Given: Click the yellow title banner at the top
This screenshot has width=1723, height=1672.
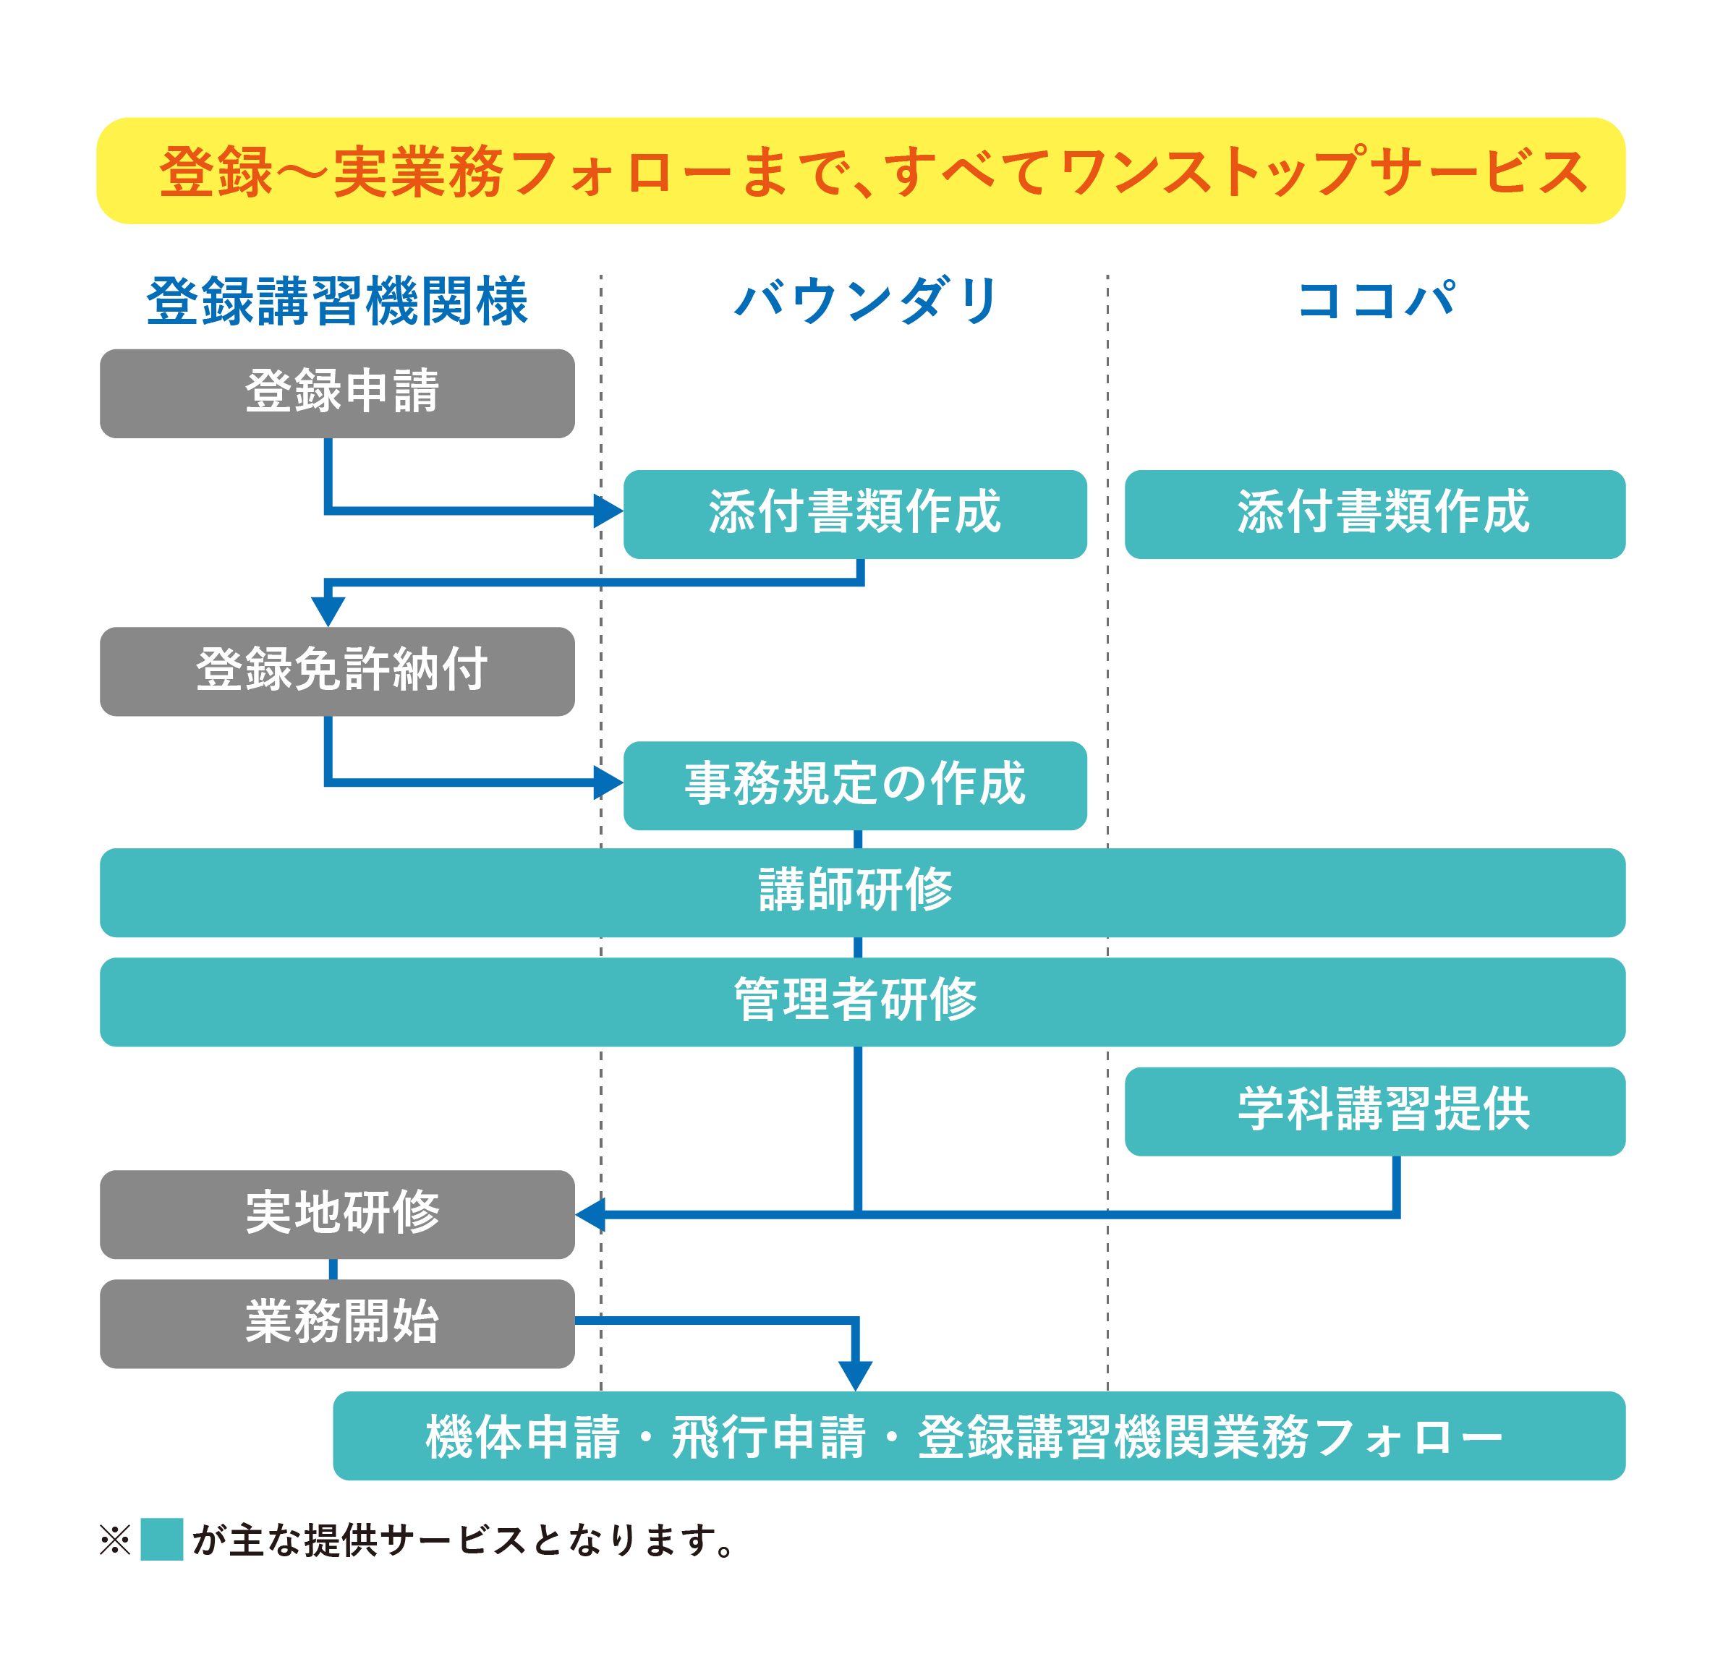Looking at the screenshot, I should pyautogui.click(x=860, y=171).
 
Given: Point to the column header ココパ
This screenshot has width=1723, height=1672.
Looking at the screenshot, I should pyautogui.click(x=1376, y=301).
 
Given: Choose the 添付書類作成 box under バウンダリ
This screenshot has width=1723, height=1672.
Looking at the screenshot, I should pyautogui.click(x=854, y=514).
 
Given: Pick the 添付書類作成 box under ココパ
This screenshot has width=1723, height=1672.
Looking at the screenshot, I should pyautogui.click(x=1375, y=514).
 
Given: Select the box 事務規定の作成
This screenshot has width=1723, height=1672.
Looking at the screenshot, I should pyautogui.click(x=854, y=785).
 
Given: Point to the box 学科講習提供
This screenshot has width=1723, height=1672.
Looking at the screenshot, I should pyautogui.click(x=1375, y=1110).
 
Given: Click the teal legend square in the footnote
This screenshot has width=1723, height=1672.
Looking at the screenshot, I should pyautogui.click(x=162, y=1538).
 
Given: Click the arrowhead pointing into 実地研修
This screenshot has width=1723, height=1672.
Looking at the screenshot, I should pyautogui.click(x=591, y=1214).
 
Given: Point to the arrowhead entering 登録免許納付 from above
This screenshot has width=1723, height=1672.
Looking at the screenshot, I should pyautogui.click(x=328, y=610).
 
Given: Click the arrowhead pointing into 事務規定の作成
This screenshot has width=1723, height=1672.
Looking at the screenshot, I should pyautogui.click(x=608, y=782).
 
